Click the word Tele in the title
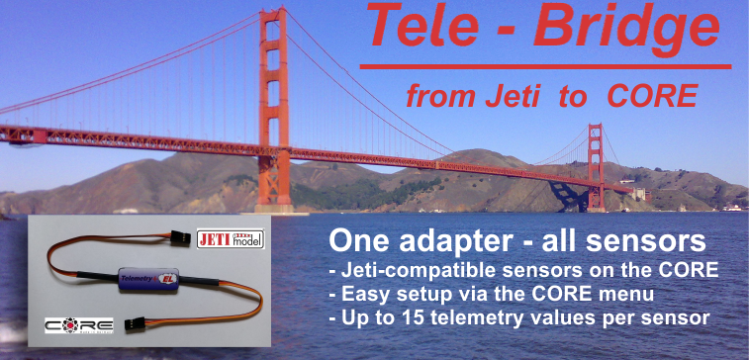pos(417,27)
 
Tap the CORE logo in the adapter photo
pos(79,324)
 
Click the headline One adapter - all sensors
pos(515,241)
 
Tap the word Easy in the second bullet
pos(365,294)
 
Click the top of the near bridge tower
pos(273,14)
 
